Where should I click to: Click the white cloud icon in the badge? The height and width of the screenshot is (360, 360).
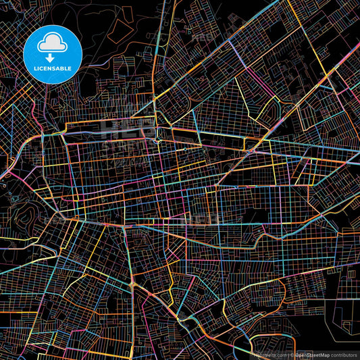51,44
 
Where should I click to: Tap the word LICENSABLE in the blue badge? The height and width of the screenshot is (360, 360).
51,68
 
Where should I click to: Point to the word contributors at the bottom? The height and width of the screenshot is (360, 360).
343,354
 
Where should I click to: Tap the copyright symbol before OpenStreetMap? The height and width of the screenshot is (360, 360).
293,354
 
